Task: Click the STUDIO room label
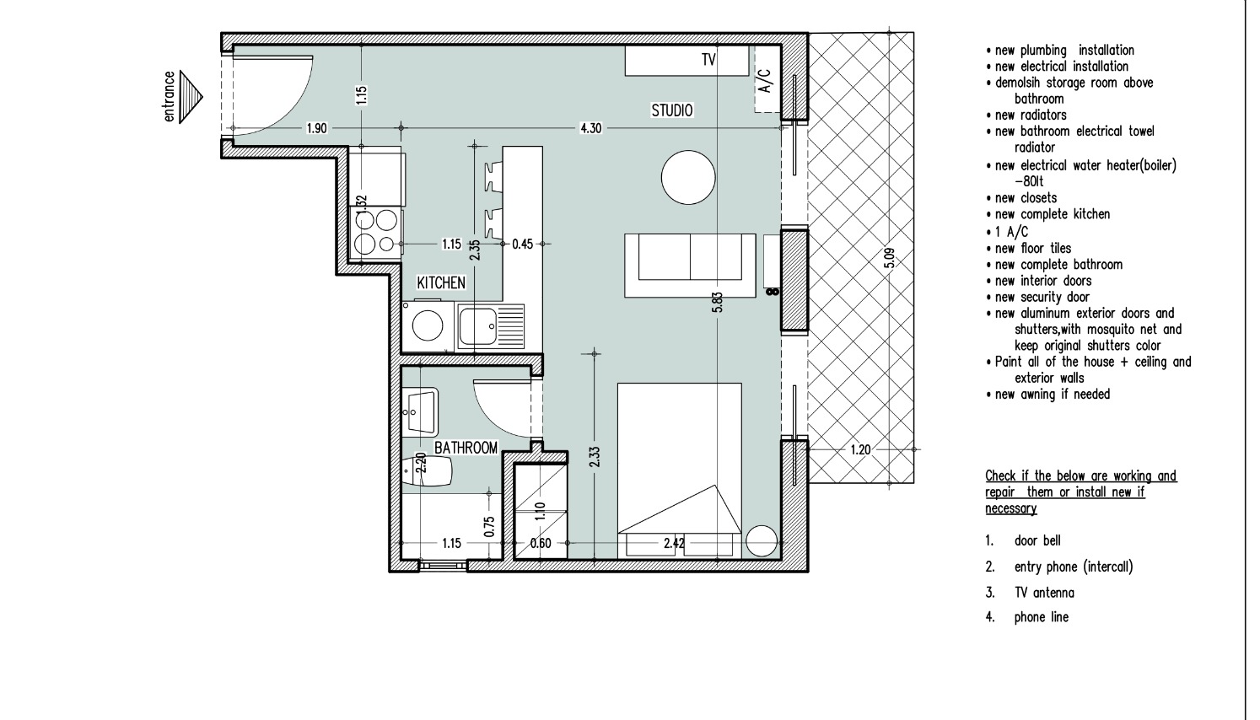point(672,110)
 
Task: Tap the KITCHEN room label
point(441,282)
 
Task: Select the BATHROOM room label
point(466,448)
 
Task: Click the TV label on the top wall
point(708,60)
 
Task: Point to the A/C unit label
point(766,81)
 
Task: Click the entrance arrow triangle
point(191,97)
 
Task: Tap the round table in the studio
point(688,177)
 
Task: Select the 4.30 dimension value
point(590,128)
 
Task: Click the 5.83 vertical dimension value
point(717,302)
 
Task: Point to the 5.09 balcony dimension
point(889,258)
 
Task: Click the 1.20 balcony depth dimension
point(860,449)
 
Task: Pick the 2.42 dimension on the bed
point(674,544)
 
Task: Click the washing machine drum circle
point(427,325)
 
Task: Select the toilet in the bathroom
point(428,470)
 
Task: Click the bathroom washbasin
point(420,411)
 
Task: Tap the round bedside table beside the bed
point(762,541)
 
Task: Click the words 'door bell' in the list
point(1037,540)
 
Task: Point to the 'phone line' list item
point(1042,617)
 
